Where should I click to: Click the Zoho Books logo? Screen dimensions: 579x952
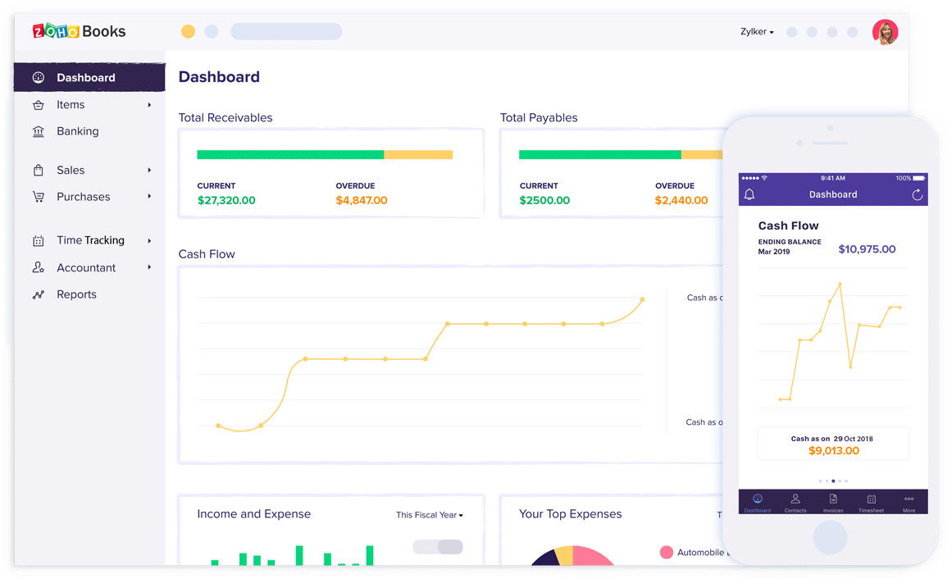(79, 31)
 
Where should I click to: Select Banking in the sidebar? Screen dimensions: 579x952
(77, 131)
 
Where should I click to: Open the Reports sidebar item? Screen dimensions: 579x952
(76, 294)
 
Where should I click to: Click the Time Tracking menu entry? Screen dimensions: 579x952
(90, 240)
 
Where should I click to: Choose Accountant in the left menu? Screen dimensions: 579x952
(85, 267)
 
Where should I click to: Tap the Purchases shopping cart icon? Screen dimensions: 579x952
(39, 197)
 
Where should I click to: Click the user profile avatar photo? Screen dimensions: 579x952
(885, 32)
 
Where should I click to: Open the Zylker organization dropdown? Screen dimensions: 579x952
(757, 32)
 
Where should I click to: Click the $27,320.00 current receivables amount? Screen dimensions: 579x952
(226, 200)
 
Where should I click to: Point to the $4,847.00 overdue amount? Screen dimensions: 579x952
(361, 200)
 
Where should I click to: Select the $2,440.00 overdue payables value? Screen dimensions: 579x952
(681, 200)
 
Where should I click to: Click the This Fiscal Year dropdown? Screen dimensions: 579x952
(429, 515)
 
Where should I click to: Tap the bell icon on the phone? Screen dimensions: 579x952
(749, 194)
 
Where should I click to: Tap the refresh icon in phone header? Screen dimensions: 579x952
(917, 194)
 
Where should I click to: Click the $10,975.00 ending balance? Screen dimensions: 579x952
(867, 249)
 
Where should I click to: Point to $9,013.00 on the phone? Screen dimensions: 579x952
(833, 450)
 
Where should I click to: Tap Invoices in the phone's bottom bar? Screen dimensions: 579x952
(833, 502)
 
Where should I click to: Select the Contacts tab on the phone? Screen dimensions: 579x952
(795, 502)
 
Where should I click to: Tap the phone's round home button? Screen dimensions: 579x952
(830, 538)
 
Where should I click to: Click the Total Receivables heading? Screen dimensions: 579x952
(225, 118)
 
